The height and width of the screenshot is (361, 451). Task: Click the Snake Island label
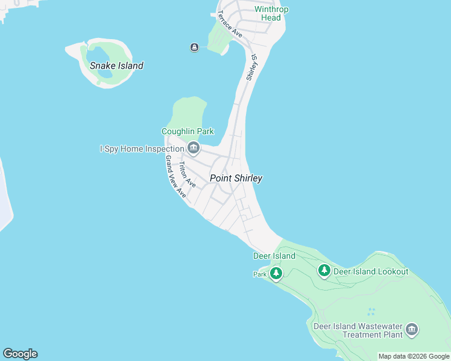click(x=116, y=66)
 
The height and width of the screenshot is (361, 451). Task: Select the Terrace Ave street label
click(x=230, y=25)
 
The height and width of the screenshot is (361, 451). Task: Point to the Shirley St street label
click(x=252, y=68)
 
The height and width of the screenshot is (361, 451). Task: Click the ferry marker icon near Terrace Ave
click(x=194, y=48)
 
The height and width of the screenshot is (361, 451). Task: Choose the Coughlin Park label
click(x=188, y=131)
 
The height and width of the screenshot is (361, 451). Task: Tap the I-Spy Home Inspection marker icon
click(x=193, y=147)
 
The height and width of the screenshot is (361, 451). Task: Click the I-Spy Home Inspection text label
click(x=142, y=149)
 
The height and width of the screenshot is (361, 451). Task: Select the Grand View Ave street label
click(x=175, y=176)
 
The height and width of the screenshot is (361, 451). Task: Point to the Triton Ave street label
click(x=187, y=174)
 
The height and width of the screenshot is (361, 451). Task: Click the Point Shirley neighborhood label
click(x=236, y=178)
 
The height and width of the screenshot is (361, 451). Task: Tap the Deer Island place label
click(x=274, y=256)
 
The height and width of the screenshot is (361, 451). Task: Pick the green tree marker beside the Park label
click(x=276, y=274)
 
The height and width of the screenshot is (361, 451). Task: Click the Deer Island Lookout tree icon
click(x=324, y=271)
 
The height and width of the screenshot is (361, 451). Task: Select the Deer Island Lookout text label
click(x=371, y=271)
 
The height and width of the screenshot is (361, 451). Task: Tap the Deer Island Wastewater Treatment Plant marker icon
click(x=412, y=329)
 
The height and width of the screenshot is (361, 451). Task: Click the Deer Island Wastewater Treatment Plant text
click(x=358, y=330)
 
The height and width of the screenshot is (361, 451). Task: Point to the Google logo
click(x=20, y=354)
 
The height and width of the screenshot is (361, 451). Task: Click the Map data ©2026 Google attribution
click(x=414, y=357)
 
